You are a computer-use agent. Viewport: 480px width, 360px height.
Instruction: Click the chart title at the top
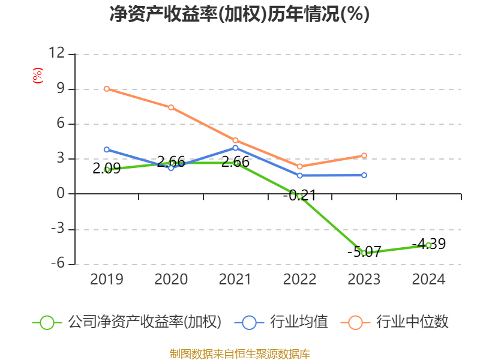(x=239, y=14)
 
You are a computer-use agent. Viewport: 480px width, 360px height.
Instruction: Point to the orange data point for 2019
(x=107, y=89)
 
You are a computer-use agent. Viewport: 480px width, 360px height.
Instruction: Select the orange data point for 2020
(x=171, y=107)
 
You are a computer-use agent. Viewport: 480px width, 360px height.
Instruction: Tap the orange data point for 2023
(x=364, y=155)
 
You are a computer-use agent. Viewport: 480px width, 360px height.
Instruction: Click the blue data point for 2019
(x=107, y=149)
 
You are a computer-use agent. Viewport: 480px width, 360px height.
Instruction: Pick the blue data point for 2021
(x=235, y=148)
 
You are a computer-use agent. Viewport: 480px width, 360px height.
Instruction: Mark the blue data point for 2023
(x=364, y=175)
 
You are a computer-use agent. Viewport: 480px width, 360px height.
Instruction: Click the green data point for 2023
(x=364, y=253)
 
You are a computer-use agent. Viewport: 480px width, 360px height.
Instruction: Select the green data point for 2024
(x=428, y=245)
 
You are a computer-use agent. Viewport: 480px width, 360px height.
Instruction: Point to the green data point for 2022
(x=299, y=196)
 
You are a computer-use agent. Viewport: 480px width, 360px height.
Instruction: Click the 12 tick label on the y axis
(x=56, y=54)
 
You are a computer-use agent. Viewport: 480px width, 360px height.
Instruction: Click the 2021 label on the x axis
(x=235, y=280)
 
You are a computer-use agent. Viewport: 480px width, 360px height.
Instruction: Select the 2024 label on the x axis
(x=428, y=280)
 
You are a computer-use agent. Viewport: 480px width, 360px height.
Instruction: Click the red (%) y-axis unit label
(x=38, y=76)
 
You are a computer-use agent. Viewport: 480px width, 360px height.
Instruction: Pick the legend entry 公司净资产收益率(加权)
(x=127, y=322)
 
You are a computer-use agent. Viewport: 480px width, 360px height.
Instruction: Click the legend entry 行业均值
(x=284, y=322)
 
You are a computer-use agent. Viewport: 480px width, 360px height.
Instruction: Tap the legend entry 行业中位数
(x=396, y=322)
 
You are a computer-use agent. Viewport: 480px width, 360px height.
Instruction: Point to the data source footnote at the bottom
(x=239, y=353)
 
